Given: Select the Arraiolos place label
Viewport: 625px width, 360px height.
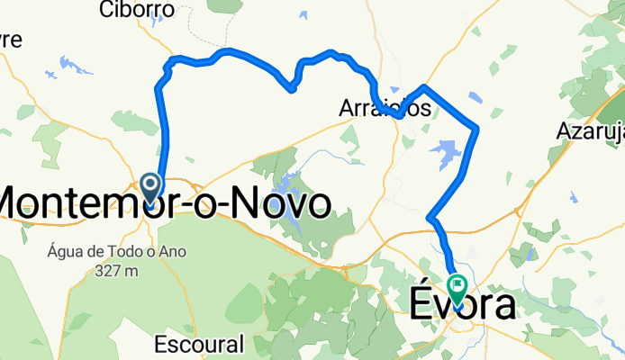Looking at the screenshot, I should pos(385,108).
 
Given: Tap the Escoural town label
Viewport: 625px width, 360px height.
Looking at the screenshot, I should pos(199,344).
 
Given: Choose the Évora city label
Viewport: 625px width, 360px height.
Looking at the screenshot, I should pos(464,306).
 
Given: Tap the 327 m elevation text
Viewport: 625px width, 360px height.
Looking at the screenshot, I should pos(118,270).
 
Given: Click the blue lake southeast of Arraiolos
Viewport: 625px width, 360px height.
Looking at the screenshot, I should pos(445,151).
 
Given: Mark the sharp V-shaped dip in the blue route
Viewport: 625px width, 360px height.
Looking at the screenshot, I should pos(291,88).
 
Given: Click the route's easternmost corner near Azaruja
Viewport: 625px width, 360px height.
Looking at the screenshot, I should pos(476,130).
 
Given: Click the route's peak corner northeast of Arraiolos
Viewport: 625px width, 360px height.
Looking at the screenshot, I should pos(422,86).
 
